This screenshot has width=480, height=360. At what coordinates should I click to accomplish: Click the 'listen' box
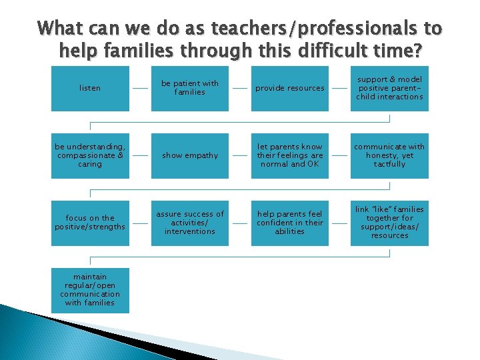(90, 88)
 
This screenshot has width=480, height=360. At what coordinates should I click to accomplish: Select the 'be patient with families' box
(190, 88)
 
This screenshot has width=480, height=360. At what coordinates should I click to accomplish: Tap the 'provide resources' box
(289, 88)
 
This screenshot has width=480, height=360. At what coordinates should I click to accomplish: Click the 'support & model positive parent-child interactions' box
(389, 88)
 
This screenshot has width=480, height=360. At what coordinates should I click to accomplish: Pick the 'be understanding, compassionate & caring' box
(90, 155)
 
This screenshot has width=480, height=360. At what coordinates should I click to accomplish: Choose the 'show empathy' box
(190, 155)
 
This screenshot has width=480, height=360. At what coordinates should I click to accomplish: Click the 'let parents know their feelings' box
(289, 155)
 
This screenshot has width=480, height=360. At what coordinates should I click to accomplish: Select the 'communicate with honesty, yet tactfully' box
(389, 155)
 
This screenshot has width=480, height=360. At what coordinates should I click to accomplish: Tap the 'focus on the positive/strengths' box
(90, 223)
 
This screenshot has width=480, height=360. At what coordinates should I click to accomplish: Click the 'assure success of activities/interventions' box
(190, 223)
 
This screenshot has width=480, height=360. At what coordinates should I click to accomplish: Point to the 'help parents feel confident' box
(289, 223)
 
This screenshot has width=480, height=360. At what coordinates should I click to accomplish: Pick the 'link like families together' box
(389, 223)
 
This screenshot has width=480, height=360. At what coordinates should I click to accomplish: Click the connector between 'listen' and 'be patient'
(140, 88)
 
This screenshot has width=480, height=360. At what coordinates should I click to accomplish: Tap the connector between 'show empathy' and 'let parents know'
(239, 155)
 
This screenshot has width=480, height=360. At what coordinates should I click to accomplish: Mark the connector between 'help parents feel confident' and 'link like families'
(339, 223)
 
